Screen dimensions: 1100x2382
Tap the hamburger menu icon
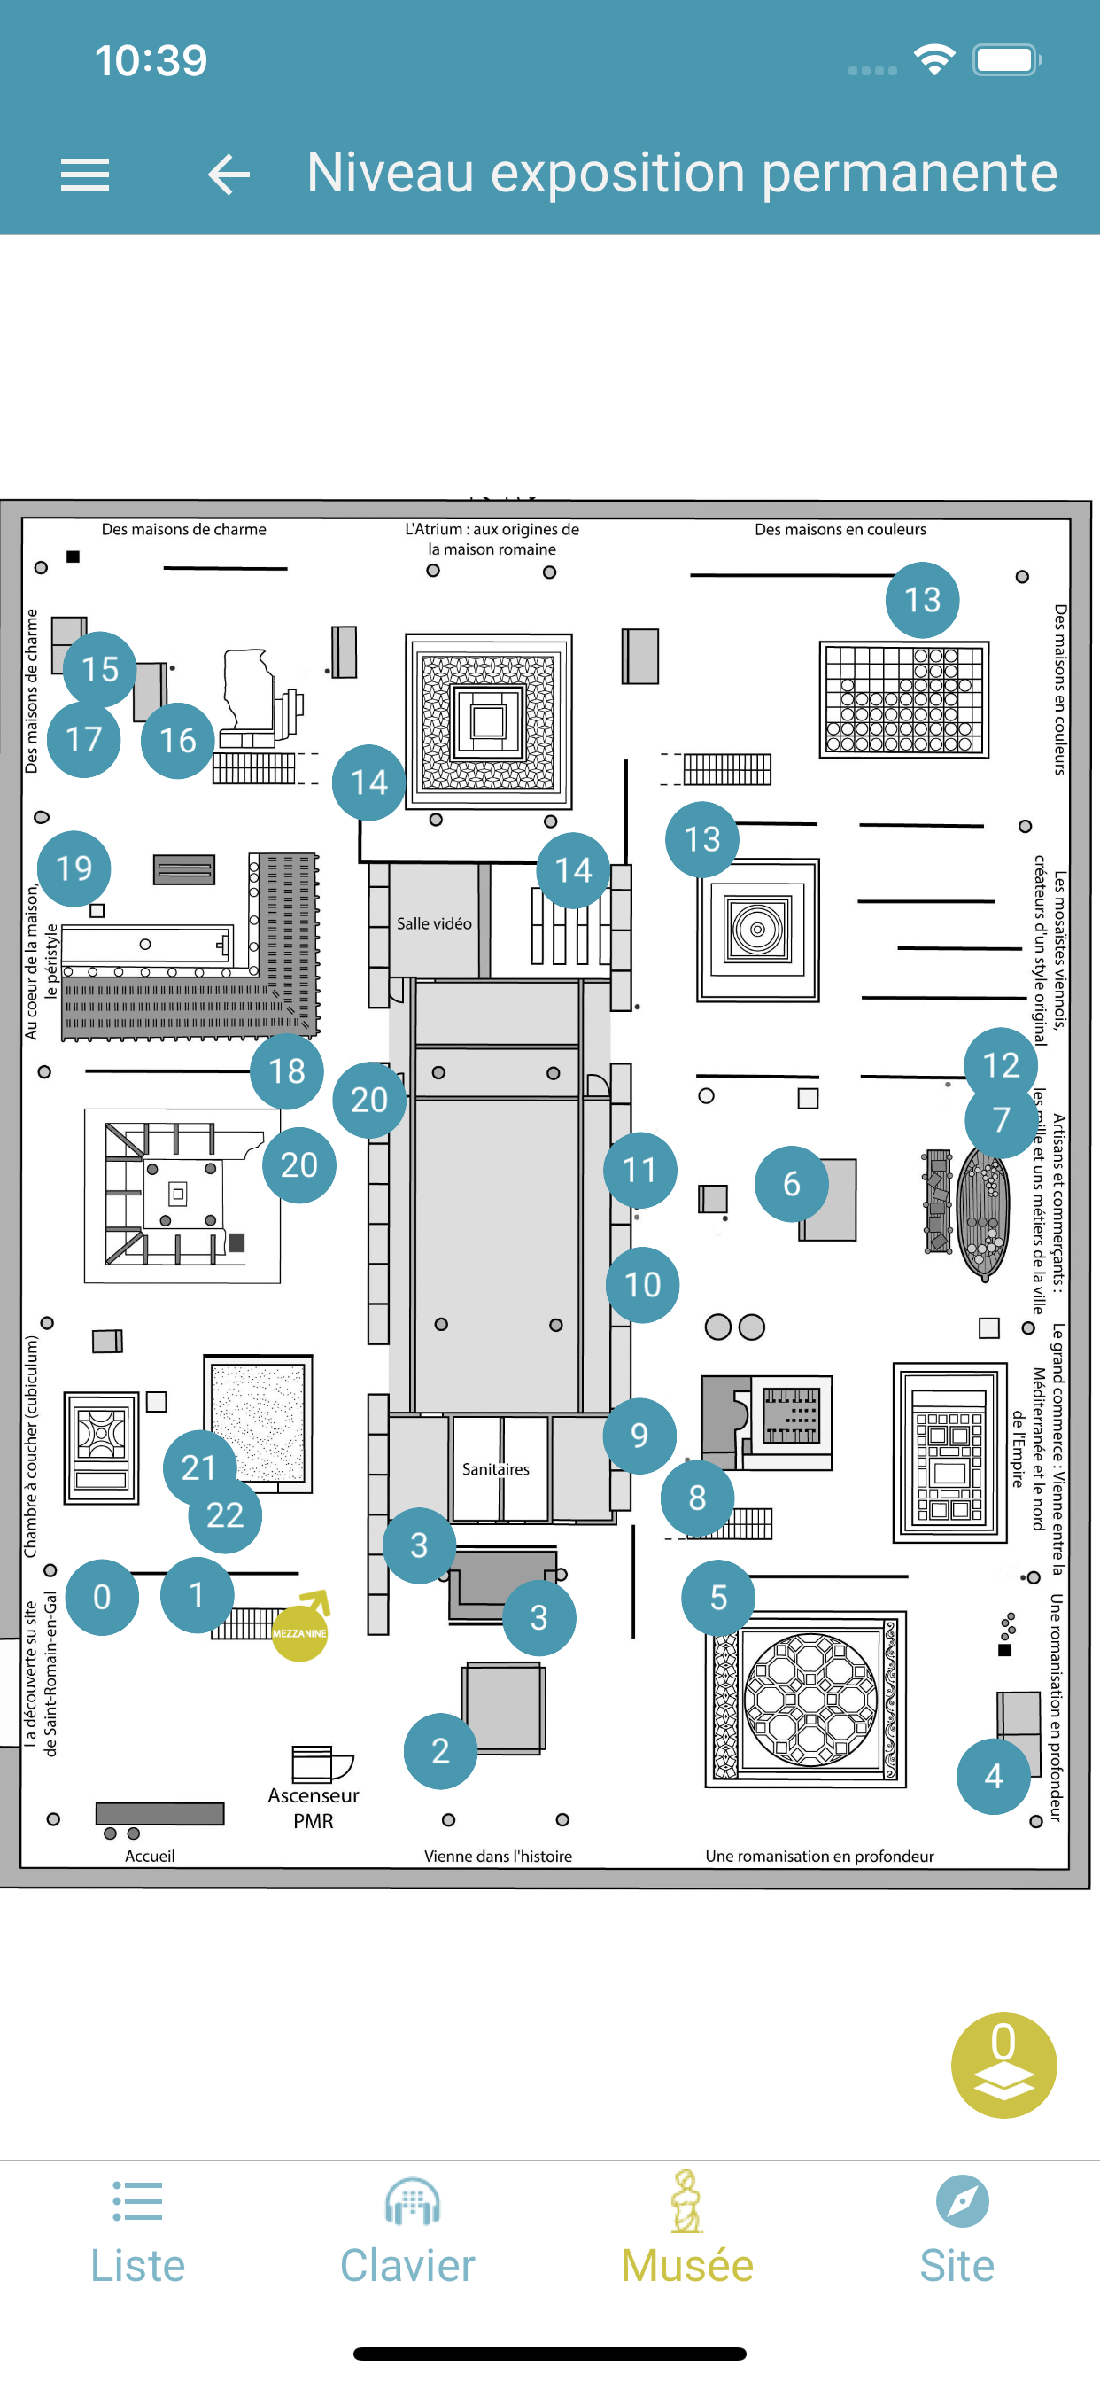pos(84,174)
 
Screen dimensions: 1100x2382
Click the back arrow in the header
pos(229,174)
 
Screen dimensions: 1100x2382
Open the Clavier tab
pos(407,2230)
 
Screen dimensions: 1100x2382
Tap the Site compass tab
pos(957,2230)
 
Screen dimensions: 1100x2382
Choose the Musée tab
pos(686,2230)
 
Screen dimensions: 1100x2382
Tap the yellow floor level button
pos(1003,2065)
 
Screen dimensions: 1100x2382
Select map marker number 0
pos(102,1597)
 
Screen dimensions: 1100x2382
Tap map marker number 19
pos(74,868)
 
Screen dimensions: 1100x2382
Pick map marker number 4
pos(994,1777)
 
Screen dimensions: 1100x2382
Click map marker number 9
pos(639,1435)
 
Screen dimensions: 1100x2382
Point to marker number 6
pos(791,1184)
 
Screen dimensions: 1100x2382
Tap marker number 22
pos(225,1514)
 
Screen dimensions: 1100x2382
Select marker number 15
pos(100,668)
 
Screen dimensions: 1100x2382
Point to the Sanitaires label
pos(496,1469)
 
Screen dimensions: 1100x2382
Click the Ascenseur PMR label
pos(314,1808)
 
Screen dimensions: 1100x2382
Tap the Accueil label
pos(150,1856)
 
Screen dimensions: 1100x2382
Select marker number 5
pos(718,1598)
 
